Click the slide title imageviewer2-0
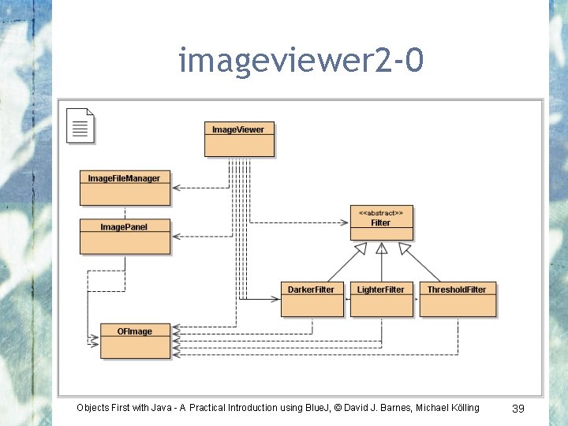301,61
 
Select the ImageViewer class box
239,139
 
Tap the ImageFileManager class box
125,188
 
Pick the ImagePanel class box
125,237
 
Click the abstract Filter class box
381,222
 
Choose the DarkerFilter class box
312,299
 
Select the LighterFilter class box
381,299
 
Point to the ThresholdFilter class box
458,299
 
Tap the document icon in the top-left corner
80,125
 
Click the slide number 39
518,408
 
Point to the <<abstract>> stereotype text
381,212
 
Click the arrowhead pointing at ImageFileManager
176,188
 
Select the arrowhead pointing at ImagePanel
176,236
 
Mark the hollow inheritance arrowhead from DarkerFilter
361,248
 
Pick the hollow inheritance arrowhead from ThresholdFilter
405,248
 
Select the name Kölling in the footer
461,408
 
